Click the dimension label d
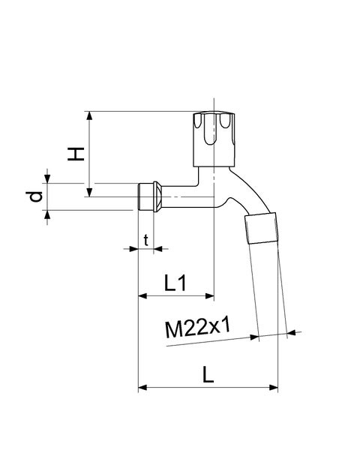coord(34,198)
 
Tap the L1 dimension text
coord(175,283)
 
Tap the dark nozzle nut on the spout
coord(262,227)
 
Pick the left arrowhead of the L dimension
coord(142,388)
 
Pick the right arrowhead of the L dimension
coord(274,388)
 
